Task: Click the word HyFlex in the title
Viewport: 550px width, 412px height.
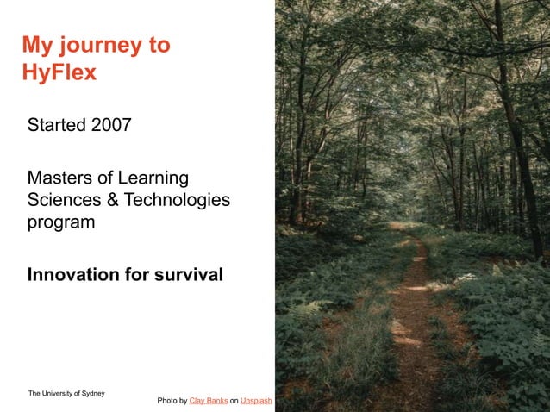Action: tap(59, 72)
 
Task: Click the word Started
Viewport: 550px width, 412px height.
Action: tap(56, 125)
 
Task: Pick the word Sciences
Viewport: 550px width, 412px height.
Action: tap(62, 200)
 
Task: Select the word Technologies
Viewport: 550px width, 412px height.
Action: tap(177, 200)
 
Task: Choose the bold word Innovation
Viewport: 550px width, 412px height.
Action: tap(73, 275)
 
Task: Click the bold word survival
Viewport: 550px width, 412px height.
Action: tap(188, 275)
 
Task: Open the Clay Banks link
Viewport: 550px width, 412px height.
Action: tap(208, 401)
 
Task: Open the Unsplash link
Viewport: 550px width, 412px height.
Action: tap(256, 401)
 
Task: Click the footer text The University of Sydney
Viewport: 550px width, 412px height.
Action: tap(66, 393)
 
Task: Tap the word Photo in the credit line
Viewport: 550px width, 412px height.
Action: tap(167, 401)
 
